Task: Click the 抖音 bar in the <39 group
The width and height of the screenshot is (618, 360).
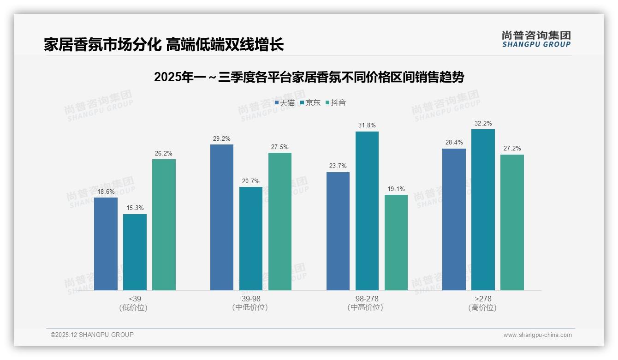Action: coord(164,225)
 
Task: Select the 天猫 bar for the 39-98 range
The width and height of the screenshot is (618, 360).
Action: coord(222,217)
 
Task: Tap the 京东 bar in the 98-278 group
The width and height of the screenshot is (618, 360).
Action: coord(367,211)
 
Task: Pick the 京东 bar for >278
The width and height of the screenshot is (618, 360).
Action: coord(483,210)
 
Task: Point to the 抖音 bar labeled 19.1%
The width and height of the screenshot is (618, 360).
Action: coord(396,242)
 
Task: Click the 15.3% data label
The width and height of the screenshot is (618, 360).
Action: coord(135,208)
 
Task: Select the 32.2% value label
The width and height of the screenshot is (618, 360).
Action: coord(483,124)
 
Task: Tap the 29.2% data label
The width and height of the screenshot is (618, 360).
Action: coord(222,138)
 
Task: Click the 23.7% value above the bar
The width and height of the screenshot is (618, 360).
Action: coord(338,166)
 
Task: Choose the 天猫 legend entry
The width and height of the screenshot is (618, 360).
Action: coord(285,103)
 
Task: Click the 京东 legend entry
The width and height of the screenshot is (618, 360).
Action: coord(310,103)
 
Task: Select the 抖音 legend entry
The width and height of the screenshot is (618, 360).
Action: coord(336,103)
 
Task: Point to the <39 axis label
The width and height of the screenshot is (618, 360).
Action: coord(135,299)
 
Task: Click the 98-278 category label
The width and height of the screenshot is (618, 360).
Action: coord(367,299)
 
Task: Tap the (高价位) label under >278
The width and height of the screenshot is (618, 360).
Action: coord(482,308)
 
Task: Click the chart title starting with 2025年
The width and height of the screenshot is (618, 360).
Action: coord(309,77)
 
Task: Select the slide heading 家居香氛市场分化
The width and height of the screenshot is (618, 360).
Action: coord(164,44)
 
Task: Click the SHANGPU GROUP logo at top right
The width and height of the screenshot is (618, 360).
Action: coord(536,39)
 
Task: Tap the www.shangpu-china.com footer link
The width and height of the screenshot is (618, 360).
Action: coord(537,335)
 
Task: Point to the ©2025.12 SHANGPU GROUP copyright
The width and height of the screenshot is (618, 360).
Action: coord(92,335)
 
